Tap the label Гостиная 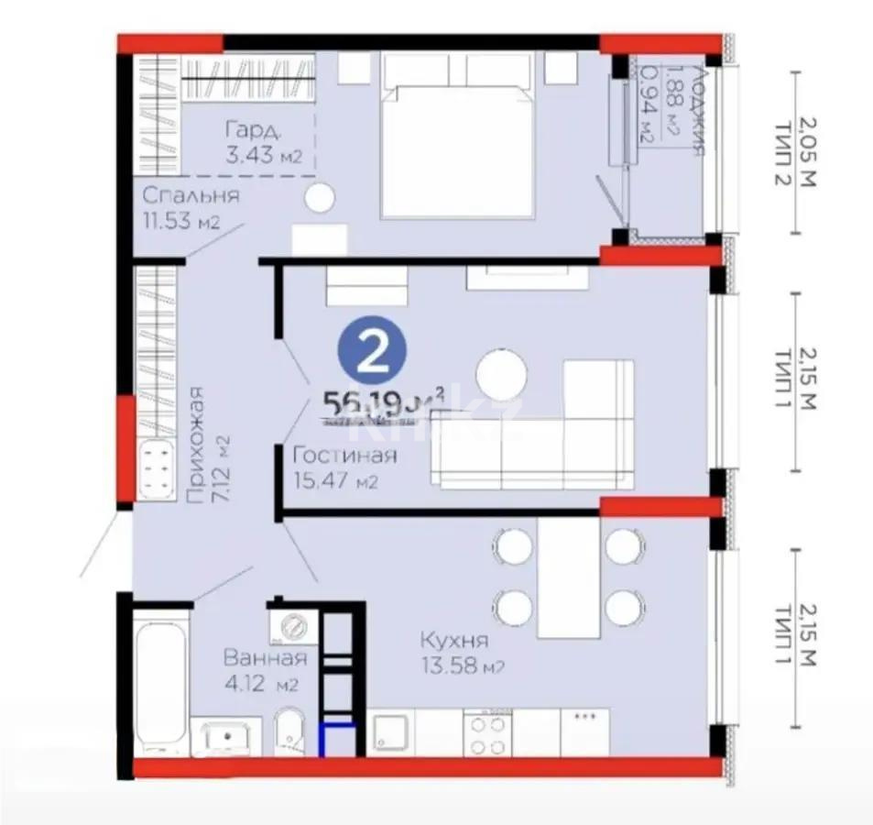[x=344, y=456]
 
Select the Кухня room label [x=453, y=640]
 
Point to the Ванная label [x=265, y=657]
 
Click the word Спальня [x=191, y=195]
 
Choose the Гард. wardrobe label [x=249, y=130]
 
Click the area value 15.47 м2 [x=336, y=480]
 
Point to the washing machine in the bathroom [x=293, y=629]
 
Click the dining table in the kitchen [x=568, y=577]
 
